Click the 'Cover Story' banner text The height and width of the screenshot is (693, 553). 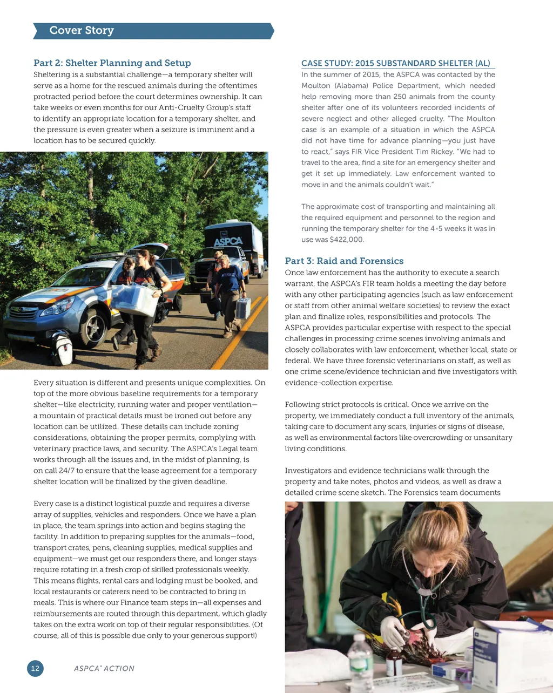tap(82, 31)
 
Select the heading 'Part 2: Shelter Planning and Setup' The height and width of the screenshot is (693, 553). tap(112, 63)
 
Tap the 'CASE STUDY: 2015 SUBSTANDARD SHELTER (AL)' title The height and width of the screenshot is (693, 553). tap(395, 63)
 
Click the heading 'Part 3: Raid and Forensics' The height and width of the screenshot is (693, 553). tap(344, 261)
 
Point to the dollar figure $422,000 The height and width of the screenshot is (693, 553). tap(347, 240)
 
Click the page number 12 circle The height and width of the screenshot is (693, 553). tap(35, 668)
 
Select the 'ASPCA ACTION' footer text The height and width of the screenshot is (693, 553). tap(104, 668)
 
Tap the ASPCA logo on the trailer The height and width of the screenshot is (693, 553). tap(228, 241)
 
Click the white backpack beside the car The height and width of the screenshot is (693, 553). tap(62, 349)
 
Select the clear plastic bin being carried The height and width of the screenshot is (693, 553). tap(134, 300)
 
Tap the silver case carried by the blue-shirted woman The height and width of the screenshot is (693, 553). tap(244, 308)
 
